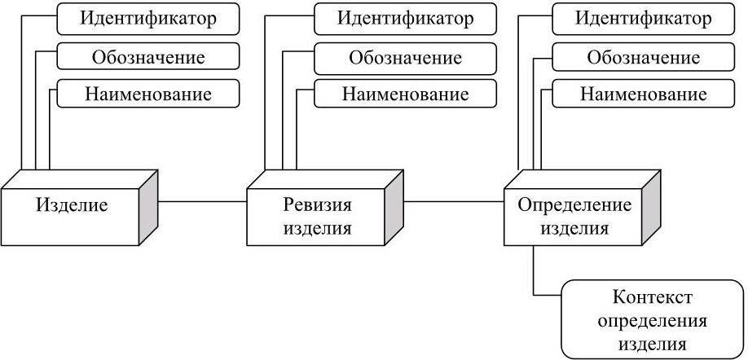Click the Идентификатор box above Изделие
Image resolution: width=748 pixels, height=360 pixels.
click(x=148, y=19)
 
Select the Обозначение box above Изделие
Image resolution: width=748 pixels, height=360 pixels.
click(x=148, y=57)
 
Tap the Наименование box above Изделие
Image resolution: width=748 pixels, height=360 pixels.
click(x=148, y=94)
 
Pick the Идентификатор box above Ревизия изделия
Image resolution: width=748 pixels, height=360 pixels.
click(x=405, y=19)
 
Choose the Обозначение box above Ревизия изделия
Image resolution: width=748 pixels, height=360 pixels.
click(x=405, y=57)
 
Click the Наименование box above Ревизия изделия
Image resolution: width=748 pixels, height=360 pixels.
click(x=405, y=94)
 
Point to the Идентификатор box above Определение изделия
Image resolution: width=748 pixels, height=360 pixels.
click(x=644, y=19)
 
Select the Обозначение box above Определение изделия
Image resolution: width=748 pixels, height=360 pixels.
click(x=644, y=57)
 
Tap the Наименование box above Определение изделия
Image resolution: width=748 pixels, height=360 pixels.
click(x=644, y=94)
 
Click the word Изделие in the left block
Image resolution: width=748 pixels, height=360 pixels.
click(x=72, y=204)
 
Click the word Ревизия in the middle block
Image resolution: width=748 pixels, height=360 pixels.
click(x=318, y=204)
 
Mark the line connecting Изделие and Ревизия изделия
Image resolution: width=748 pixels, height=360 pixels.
click(x=202, y=201)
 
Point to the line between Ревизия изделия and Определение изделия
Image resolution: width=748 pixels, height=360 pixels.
click(x=454, y=201)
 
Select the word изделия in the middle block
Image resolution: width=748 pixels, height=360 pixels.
click(x=318, y=227)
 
